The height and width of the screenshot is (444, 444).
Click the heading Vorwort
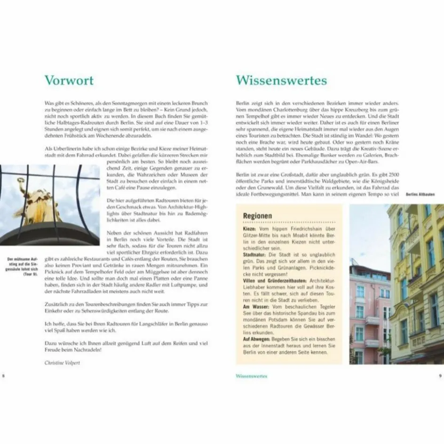click(x=69, y=80)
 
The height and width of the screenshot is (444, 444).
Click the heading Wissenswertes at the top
click(x=281, y=80)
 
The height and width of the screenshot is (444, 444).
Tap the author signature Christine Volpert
click(x=63, y=363)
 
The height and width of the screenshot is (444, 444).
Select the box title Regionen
click(x=257, y=215)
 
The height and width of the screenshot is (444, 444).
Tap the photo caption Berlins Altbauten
click(x=420, y=194)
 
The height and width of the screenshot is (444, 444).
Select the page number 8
click(x=4, y=376)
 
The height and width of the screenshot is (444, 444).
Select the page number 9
click(x=440, y=376)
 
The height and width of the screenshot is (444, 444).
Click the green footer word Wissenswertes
click(x=252, y=376)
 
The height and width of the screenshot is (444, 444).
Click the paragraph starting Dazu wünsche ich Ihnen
click(x=125, y=347)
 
